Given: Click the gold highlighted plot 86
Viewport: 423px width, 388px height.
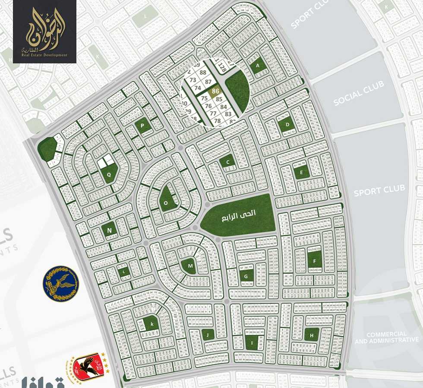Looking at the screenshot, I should pyautogui.click(x=215, y=91).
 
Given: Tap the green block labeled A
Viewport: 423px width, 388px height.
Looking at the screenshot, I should pyautogui.click(x=258, y=66).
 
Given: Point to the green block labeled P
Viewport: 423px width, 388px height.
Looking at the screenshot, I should pyautogui.click(x=142, y=125).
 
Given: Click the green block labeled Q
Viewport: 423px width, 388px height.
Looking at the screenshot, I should pyautogui.click(x=109, y=175).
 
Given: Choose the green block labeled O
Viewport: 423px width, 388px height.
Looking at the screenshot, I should pyautogui.click(x=166, y=203).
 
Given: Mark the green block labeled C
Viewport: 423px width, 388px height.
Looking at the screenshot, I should pyautogui.click(x=227, y=162).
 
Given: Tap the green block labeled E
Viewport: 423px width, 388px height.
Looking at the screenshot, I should pyautogui.click(x=302, y=172).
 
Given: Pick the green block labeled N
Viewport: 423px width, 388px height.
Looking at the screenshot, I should pyautogui.click(x=109, y=230).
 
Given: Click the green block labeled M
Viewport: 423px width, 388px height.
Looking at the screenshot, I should pyautogui.click(x=189, y=266).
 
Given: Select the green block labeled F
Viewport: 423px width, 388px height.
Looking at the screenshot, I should pyautogui.click(x=315, y=260).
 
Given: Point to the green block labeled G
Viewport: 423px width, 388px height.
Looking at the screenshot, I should pyautogui.click(x=246, y=275).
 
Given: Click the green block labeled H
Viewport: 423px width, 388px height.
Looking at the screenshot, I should pyautogui.click(x=311, y=335).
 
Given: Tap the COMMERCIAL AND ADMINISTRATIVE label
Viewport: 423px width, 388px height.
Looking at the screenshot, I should pyautogui.click(x=386, y=337).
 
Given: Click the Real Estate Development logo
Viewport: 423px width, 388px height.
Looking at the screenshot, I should pyautogui.click(x=44, y=32).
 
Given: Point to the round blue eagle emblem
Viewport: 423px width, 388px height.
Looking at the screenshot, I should pyautogui.click(x=61, y=283).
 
